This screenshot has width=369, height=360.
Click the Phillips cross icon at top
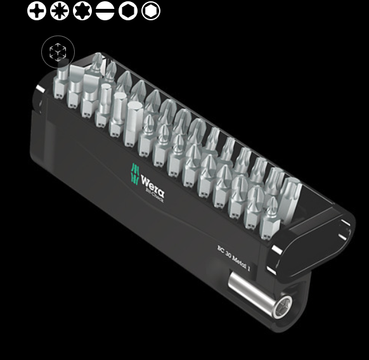[x=37, y=11]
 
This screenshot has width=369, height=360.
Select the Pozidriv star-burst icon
[x=60, y=11]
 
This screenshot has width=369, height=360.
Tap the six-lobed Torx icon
[x=82, y=11]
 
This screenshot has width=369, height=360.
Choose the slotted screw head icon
[x=105, y=11]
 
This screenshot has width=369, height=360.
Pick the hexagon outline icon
[x=128, y=11]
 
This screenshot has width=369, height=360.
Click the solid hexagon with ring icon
[x=151, y=11]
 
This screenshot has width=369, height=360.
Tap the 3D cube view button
[x=58, y=53]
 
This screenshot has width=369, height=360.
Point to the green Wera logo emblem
[x=135, y=173]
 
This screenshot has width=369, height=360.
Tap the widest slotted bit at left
[x=79, y=76]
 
